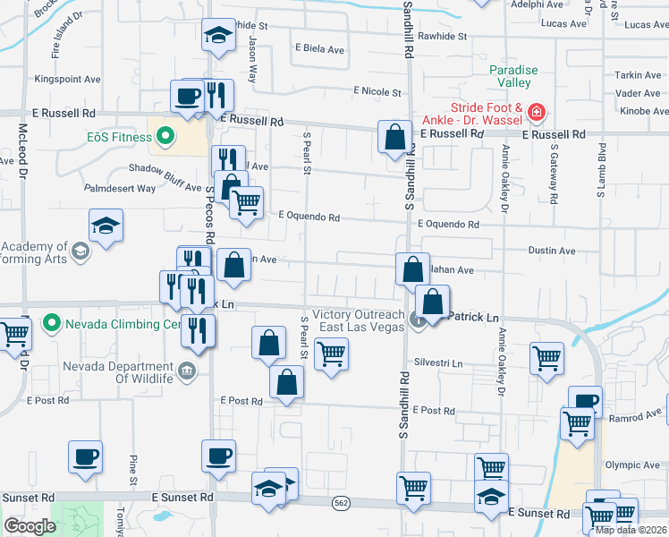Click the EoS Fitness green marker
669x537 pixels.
click(165, 137)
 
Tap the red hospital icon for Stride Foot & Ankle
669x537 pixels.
click(537, 112)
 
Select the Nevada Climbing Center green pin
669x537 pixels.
click(51, 322)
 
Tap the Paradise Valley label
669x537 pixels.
click(513, 76)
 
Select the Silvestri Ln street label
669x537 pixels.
click(438, 363)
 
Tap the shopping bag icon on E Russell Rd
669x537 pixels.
click(394, 138)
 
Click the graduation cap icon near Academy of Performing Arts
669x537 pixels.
click(106, 226)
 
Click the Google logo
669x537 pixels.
click(30, 526)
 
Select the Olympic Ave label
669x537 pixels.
click(631, 465)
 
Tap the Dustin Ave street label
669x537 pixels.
click(552, 251)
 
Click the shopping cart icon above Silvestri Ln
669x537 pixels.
click(331, 354)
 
